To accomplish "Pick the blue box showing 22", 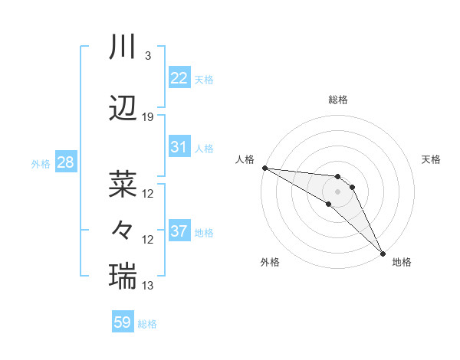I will point(179,78).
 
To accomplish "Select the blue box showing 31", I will point(179,147).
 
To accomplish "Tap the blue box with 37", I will point(179,231).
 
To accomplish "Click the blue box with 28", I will point(64,162).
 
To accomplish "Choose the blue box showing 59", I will point(123,322).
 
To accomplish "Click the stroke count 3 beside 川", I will point(147,56).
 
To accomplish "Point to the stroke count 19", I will point(148,117).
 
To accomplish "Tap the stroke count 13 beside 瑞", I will point(148,286).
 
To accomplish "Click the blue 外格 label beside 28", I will point(40,163).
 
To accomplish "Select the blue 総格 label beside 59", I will point(147,323).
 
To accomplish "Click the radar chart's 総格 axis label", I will point(338,100).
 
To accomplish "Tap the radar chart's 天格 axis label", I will point(432,159).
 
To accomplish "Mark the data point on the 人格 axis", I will point(264,168).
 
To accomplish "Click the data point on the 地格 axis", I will point(383,253).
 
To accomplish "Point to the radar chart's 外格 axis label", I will point(270,262).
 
